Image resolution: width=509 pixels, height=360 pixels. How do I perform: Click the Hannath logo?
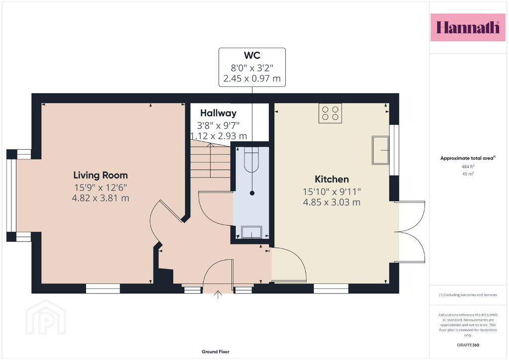pos(468,27)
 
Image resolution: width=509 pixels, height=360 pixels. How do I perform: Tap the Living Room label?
pos(100,176)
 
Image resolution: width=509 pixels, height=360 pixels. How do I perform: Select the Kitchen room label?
pos(332,179)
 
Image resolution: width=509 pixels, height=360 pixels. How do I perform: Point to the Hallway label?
pos(218,113)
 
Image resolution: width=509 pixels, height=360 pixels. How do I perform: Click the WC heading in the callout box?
pos(252,55)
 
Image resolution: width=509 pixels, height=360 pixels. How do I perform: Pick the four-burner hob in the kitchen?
pos(330,113)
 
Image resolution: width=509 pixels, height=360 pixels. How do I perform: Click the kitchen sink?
pos(380,150)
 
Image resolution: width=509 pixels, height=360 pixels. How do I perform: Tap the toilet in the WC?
pos(251,159)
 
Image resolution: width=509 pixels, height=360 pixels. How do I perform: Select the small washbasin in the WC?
pos(251,232)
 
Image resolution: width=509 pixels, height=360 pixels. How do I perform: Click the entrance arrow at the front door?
pos(218,295)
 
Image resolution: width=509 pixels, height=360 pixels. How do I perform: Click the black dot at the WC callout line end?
pos(252,193)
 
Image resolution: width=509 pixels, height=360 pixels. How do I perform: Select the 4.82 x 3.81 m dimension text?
pos(100,198)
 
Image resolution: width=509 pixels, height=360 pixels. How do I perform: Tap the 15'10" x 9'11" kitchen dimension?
pos(332,192)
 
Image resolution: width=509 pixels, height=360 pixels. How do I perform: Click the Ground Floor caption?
pos(216,352)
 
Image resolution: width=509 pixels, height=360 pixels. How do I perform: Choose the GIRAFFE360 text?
pos(468,345)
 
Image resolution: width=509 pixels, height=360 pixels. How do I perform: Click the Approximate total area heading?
pos(468,158)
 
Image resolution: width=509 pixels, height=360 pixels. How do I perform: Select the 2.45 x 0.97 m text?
pos(252,78)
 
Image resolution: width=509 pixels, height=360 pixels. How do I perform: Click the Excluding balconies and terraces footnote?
pos(468,295)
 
